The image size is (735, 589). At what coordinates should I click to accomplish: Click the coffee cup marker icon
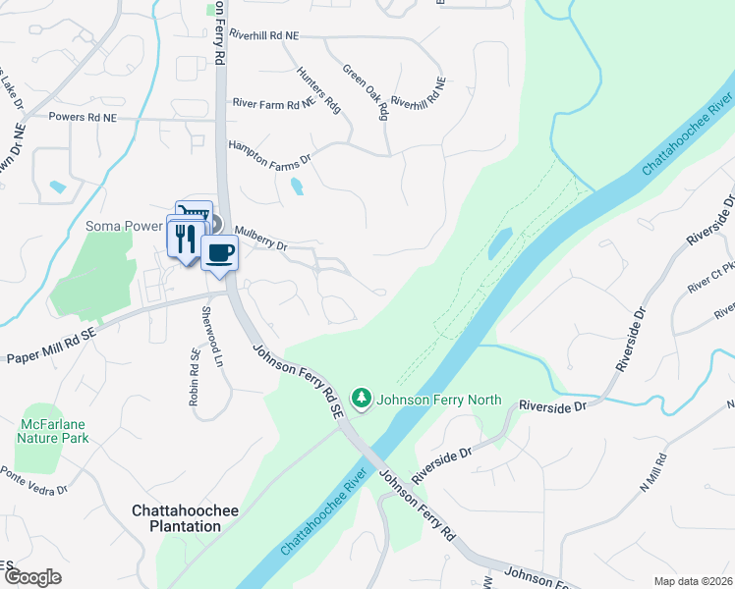tap(219, 253)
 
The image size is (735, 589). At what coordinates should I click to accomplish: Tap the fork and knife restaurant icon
tap(184, 238)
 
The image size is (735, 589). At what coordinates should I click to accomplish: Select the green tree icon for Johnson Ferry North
tap(364, 399)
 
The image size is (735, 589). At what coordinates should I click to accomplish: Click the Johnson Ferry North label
tap(439, 401)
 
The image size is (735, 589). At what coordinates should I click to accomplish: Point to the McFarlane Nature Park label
tap(53, 430)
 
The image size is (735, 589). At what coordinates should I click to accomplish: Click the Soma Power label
tap(123, 226)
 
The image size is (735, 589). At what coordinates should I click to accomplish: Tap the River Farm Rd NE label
tap(272, 102)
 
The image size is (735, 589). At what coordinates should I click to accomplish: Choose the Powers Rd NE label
tap(83, 117)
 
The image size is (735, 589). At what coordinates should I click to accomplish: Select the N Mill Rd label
tap(653, 471)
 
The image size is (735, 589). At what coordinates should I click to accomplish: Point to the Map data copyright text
tap(694, 580)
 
